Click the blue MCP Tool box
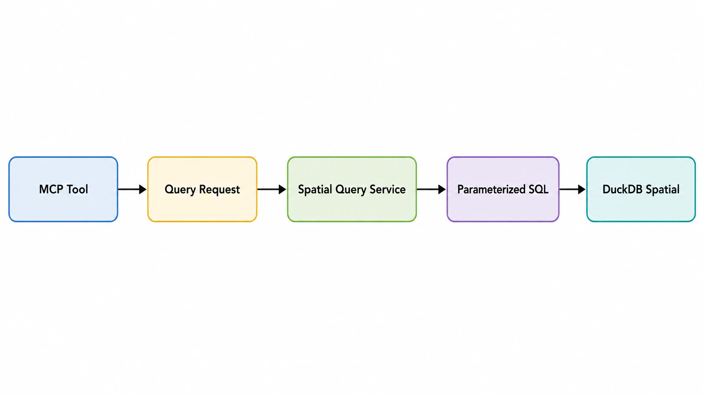click(63, 189)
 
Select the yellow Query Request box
click(203, 189)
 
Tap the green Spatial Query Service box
click(352, 189)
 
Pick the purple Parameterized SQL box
click(503, 189)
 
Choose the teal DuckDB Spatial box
click(641, 189)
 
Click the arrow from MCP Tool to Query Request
click(132, 189)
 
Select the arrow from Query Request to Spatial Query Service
click(272, 189)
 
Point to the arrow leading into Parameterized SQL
click(432, 189)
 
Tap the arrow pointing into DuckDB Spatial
click(573, 189)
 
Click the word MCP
click(51, 189)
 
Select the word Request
click(219, 190)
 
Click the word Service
click(387, 189)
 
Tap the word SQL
click(539, 189)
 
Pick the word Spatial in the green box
click(315, 190)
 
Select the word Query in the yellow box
click(180, 190)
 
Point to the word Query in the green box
click(351, 190)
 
